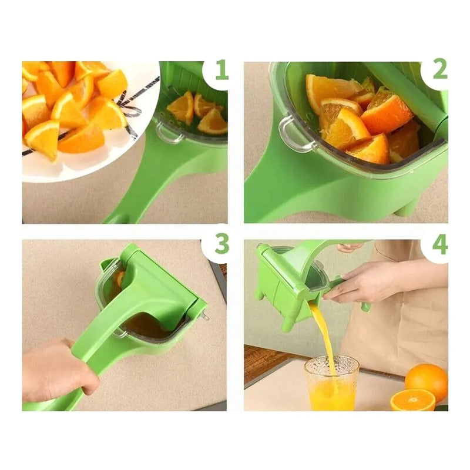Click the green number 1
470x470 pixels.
pos(221,70)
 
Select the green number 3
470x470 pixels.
pos(221,243)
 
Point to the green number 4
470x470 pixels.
pos(439,244)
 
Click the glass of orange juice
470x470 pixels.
pos(331,383)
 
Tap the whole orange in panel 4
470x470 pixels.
pos(427,378)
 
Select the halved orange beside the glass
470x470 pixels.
pos(413,400)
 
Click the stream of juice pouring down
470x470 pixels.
pos(323,335)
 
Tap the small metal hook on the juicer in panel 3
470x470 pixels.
pos(205,316)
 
